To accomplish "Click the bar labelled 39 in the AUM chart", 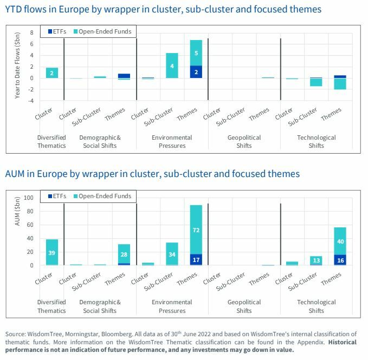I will (x=52, y=252).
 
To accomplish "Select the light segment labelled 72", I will (x=196, y=230).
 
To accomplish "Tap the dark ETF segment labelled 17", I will (x=196, y=260).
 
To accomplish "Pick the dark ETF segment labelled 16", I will (x=340, y=260).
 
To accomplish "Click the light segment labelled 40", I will (x=340, y=241).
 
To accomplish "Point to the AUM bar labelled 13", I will (x=315, y=260).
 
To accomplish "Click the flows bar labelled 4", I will (x=172, y=66).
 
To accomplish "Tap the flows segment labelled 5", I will (x=196, y=53).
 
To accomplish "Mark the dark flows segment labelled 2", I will (x=196, y=72).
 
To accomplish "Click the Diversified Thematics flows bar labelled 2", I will (x=52, y=73).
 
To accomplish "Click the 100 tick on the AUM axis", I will (x=29, y=198).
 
